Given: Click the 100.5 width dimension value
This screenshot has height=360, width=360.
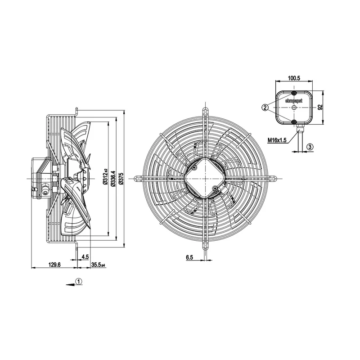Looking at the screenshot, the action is [x=294, y=78].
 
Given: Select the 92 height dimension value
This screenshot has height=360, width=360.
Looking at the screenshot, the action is [x=320, y=107].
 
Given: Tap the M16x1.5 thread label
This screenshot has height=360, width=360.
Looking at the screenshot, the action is [x=277, y=140].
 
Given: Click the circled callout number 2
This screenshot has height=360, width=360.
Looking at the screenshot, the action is [x=265, y=107].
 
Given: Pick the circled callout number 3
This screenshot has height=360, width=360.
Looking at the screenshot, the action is [x=310, y=147].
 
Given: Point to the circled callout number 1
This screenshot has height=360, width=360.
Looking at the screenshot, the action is [x=79, y=281].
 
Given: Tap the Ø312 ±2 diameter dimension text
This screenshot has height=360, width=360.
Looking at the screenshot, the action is [x=105, y=177].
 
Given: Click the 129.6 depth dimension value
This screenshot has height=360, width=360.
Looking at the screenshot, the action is [x=54, y=265].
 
